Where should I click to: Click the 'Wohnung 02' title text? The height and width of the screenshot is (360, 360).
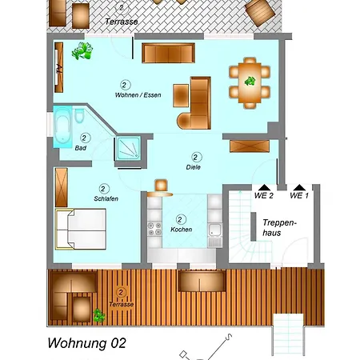pyautogui.click(x=86, y=344)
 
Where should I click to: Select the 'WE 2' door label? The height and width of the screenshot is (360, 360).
pyautogui.click(x=264, y=195)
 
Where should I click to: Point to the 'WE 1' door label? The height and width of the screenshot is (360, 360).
pyautogui.click(x=299, y=195)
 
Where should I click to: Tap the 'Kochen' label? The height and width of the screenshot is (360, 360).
pyautogui.click(x=181, y=230)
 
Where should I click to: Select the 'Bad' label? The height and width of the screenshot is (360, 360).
pyautogui.click(x=81, y=149)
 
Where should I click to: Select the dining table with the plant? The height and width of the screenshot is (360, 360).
pyautogui.click(x=250, y=82)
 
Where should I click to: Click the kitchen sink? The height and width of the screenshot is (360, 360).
pyautogui.click(x=215, y=233)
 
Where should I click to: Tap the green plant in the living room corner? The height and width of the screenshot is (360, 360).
pyautogui.click(x=82, y=54)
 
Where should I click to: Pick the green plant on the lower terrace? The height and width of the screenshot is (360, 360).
pyautogui.click(x=98, y=314)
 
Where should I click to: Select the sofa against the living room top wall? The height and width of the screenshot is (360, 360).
pyautogui.click(x=168, y=53)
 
